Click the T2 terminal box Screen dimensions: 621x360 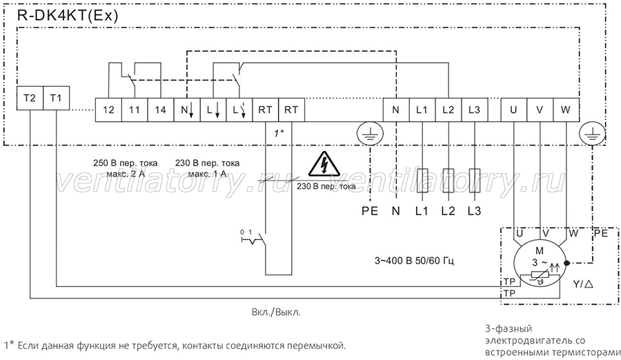click(30, 98)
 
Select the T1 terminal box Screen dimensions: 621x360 click(56, 98)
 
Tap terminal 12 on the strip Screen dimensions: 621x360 click(108, 110)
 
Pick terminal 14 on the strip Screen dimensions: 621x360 click(160, 110)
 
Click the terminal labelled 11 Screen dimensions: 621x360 click(135, 110)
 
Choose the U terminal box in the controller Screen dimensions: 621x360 click(513, 110)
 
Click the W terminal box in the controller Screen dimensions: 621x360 click(566, 110)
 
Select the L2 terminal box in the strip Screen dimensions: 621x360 click(448, 110)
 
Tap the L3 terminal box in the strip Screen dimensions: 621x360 click(474, 110)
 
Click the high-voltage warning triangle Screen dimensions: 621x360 click(324, 164)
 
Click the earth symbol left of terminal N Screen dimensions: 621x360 click(370, 133)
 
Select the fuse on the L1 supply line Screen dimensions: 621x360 click(422, 180)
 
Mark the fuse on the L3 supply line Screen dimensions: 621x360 click(475, 180)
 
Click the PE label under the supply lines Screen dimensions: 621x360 click(370, 211)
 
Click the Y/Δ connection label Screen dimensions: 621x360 click(583, 284)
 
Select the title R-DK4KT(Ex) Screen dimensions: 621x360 click(68, 16)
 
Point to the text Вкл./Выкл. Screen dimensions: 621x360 click(277, 312)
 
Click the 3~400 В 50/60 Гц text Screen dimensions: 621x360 click(414, 261)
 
